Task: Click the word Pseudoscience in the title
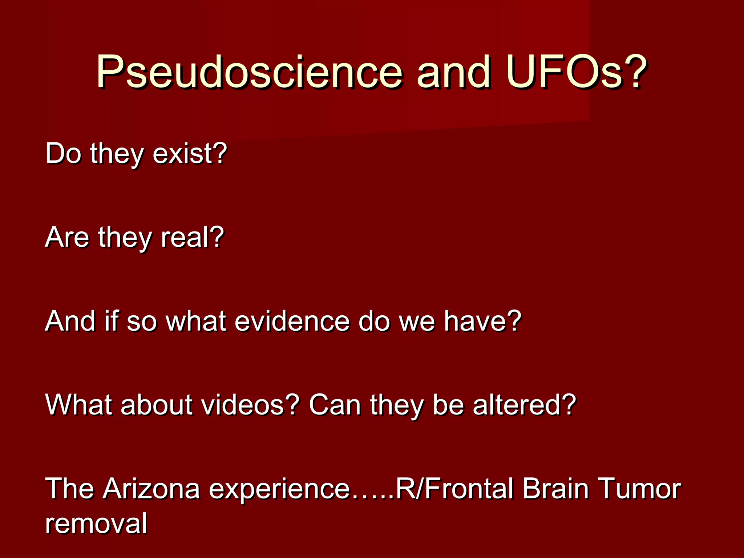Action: [249, 72]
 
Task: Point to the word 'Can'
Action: [335, 405]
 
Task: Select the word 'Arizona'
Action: [151, 489]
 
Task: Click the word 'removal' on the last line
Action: [96, 523]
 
